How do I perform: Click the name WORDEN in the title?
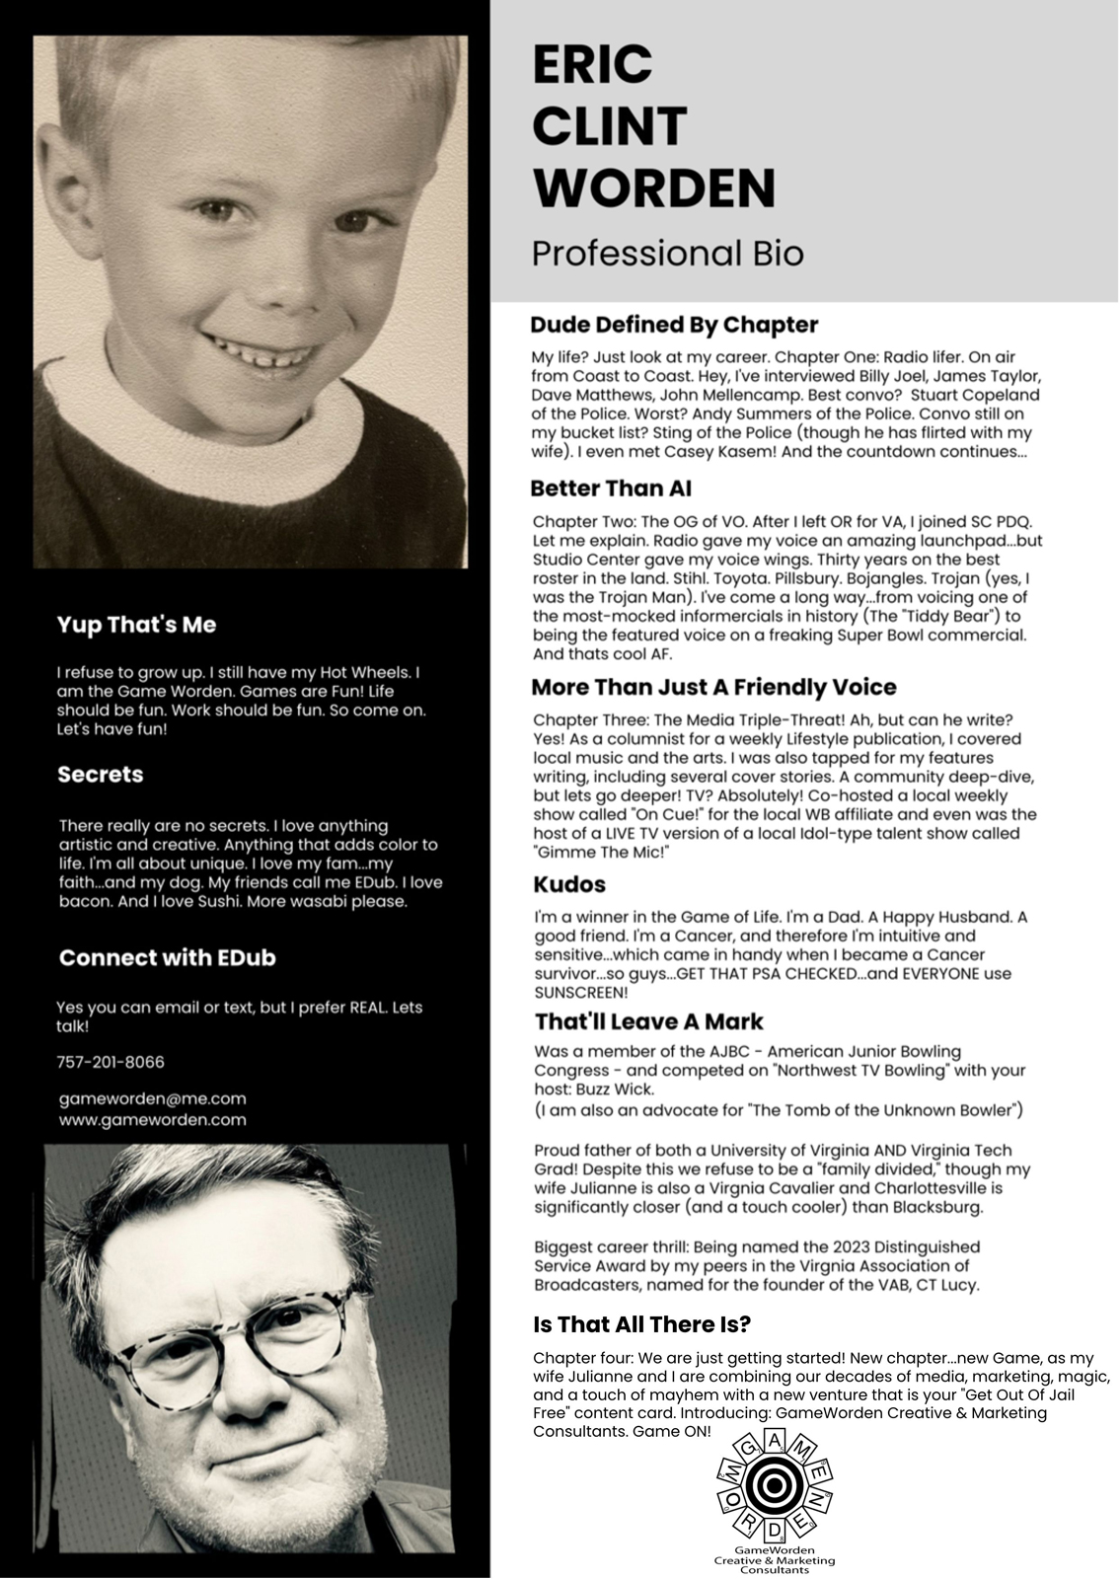click(x=653, y=188)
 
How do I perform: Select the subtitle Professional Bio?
click(x=667, y=253)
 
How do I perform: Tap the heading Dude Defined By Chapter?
click(x=674, y=325)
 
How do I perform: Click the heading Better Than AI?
click(x=611, y=489)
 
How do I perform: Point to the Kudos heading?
click(x=569, y=884)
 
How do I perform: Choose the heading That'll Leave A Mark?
click(x=648, y=1021)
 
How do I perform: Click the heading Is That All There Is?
click(x=641, y=1324)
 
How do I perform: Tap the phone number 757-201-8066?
click(x=111, y=1062)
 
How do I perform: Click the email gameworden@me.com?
click(x=152, y=1098)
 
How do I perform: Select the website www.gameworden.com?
click(x=152, y=1120)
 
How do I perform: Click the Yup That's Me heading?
click(x=136, y=625)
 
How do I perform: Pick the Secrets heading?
click(x=100, y=775)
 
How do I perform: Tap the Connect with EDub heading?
click(x=167, y=957)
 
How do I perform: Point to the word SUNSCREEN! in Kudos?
click(x=581, y=993)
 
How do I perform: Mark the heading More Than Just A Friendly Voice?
click(x=713, y=688)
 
